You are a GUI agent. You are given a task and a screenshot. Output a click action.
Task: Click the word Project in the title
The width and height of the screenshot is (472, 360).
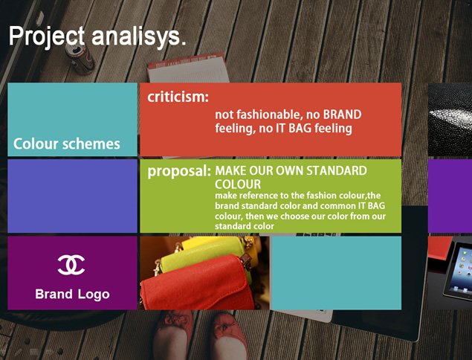pos(47,36)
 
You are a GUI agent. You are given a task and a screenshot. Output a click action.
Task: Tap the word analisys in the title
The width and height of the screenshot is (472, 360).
pos(135,36)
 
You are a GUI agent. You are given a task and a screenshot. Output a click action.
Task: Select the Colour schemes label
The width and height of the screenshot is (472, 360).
pos(66,144)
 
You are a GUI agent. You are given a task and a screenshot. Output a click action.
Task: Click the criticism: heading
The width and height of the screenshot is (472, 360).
pos(178,97)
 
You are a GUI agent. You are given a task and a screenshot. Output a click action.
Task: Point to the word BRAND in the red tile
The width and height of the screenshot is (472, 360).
pos(342,115)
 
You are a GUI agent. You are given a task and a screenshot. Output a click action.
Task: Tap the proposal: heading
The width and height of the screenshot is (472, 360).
pos(179,171)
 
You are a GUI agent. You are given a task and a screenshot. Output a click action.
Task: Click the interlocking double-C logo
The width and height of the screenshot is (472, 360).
pos(71,265)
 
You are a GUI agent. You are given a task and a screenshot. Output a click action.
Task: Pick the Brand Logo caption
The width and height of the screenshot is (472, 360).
pos(72,295)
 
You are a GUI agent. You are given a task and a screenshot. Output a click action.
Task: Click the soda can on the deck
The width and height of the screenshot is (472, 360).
pos(80,58)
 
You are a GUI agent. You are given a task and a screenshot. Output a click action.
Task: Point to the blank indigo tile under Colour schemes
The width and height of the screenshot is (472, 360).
pos(72,196)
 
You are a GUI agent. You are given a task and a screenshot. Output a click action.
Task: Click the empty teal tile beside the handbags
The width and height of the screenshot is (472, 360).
pos(336,273)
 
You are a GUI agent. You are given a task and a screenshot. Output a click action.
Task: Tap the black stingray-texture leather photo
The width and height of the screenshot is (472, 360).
pos(450,119)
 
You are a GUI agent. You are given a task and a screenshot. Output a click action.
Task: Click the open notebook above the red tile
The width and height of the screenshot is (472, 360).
pos(187,68)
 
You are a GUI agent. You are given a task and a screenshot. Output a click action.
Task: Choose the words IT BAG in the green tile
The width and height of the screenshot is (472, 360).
pos(371,206)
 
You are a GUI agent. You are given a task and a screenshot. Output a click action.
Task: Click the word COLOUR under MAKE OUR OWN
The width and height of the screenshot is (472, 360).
pos(238,184)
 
